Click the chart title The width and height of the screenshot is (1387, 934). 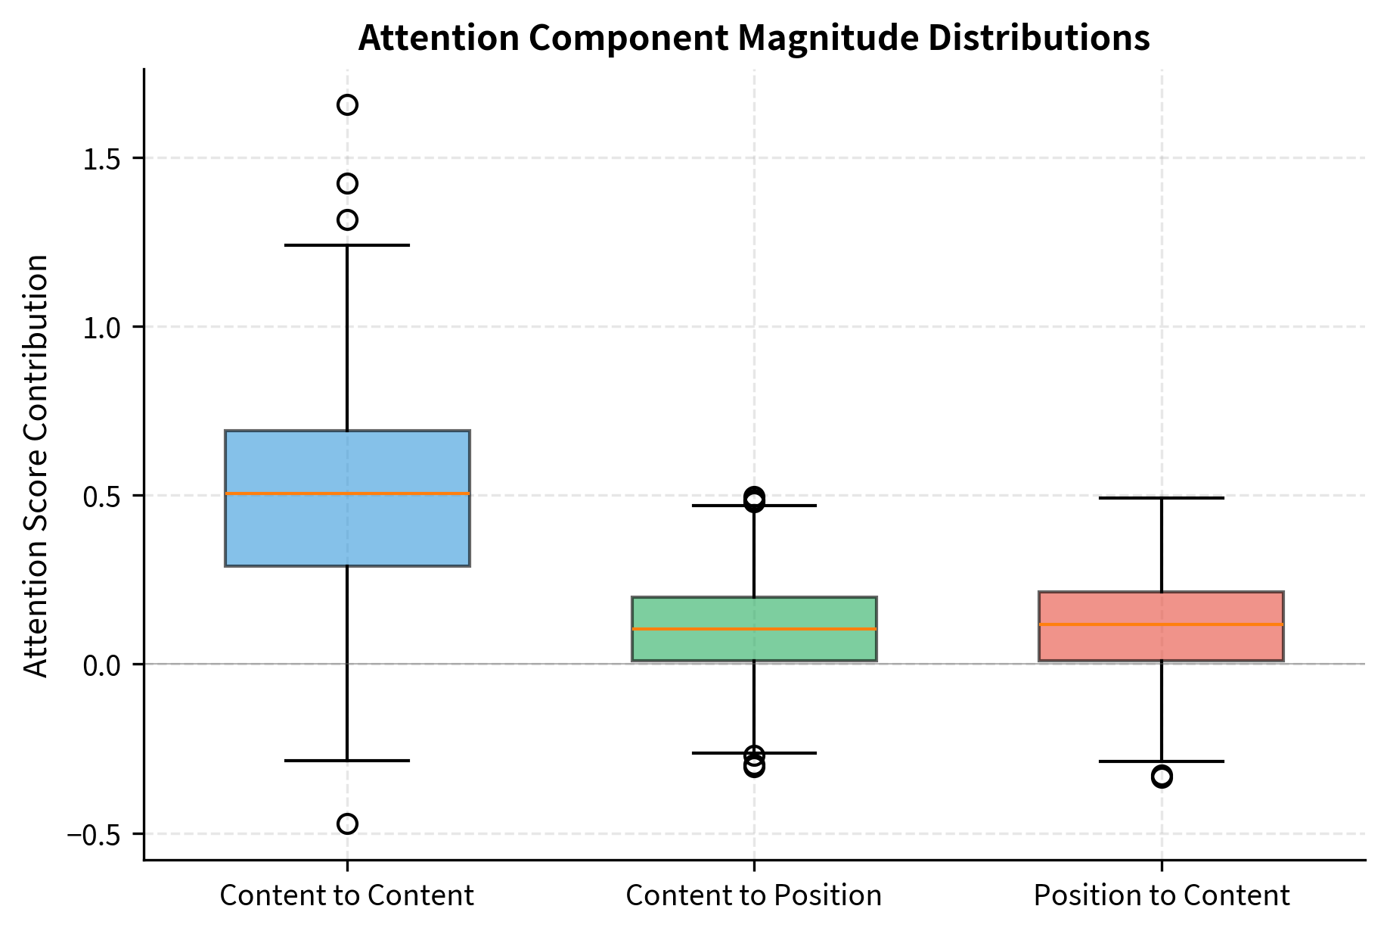pos(753,38)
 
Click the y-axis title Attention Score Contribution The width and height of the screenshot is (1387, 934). pos(36,465)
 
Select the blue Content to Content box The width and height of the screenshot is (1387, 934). pos(347,530)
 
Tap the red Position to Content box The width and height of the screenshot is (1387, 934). pos(1161,643)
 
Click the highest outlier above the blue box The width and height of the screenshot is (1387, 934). pos(347,104)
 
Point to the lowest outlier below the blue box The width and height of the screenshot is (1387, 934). pos(347,823)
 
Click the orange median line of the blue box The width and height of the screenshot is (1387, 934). pos(347,493)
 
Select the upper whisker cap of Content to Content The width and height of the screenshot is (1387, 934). pos(347,245)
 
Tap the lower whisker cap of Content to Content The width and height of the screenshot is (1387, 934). pos(347,760)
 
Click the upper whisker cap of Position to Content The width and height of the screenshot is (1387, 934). pos(1161,498)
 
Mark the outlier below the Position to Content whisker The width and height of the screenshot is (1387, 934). pos(1162,777)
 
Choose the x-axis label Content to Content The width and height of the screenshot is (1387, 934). pos(347,895)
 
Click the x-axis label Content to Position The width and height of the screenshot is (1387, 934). pos(754,895)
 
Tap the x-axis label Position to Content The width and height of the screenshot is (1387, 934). pos(1161,895)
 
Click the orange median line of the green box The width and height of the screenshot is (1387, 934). pos(754,629)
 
